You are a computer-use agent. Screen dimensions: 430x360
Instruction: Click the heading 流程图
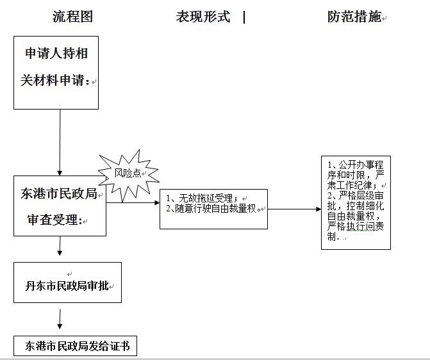click(72, 17)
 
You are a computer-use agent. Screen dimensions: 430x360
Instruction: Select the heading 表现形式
click(203, 17)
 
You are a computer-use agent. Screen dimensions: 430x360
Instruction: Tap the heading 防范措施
click(354, 17)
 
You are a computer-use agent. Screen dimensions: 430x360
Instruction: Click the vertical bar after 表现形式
click(244, 17)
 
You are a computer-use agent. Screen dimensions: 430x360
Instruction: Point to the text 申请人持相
click(56, 53)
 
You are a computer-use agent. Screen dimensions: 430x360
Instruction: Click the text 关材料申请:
click(55, 80)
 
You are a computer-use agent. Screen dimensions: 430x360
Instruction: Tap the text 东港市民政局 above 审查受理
click(59, 193)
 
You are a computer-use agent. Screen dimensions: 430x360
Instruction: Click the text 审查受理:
click(55, 220)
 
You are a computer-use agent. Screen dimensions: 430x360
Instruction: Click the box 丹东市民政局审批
click(67, 282)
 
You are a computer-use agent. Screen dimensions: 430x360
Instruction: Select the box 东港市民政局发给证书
click(75, 346)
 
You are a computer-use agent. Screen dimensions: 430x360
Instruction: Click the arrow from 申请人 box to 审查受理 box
click(60, 143)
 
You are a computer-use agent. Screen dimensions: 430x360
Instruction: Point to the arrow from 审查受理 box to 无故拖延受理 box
click(133, 202)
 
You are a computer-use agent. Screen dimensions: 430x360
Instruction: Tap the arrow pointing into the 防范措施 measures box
click(295, 209)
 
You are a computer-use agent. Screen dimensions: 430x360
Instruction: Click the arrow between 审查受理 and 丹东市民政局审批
click(60, 246)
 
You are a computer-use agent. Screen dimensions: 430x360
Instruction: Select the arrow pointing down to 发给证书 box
click(60, 319)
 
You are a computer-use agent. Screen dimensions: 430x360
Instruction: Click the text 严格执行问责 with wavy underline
click(356, 227)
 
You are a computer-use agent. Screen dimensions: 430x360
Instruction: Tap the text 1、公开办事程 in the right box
click(356, 165)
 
